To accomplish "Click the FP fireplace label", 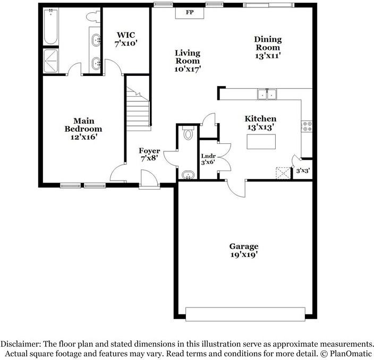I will point(190,12).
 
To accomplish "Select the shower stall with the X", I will point(52,59).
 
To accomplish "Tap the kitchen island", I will point(261,142).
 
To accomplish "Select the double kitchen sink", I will point(267,95).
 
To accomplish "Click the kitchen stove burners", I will point(307,126).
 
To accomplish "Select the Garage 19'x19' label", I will point(244,250).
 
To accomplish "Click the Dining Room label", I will point(268,44).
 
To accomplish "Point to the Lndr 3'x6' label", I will point(208,159).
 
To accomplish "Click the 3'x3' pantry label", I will point(303,170).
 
